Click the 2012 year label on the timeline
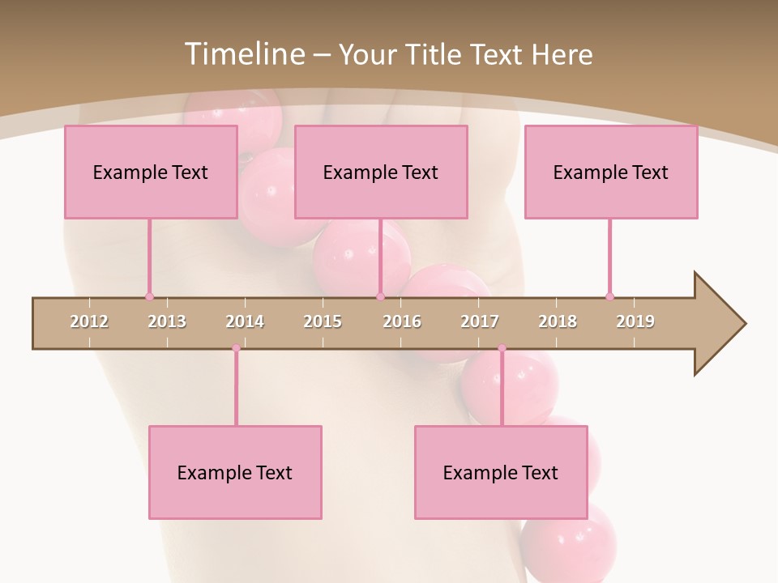tap(89, 321)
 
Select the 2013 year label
tap(167, 321)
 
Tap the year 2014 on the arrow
tap(245, 321)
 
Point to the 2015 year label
tap(323, 321)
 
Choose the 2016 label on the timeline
tap(402, 321)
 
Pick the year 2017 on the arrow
tap(480, 321)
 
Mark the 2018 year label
tap(558, 321)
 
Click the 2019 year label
tap(635, 321)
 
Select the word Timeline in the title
tap(243, 54)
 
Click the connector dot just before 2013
tap(149, 296)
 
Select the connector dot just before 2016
tap(380, 296)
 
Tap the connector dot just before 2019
tap(610, 296)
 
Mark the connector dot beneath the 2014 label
tap(236, 348)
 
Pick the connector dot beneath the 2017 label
tap(502, 348)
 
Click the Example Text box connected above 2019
tap(611, 172)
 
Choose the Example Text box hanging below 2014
tap(235, 473)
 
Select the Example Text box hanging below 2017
tap(501, 473)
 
